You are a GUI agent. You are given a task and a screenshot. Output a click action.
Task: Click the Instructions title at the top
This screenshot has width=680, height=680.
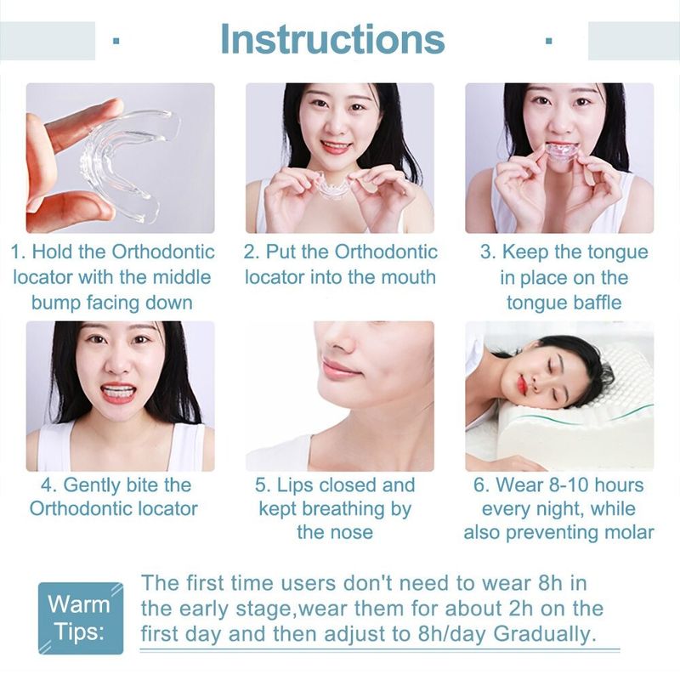click(332, 39)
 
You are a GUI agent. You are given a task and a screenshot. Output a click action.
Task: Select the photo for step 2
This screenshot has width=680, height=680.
click(340, 158)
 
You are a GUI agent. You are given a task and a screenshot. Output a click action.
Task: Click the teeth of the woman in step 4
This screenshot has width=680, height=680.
click(119, 394)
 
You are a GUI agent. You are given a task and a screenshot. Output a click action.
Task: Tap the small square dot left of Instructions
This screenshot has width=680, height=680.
click(116, 40)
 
